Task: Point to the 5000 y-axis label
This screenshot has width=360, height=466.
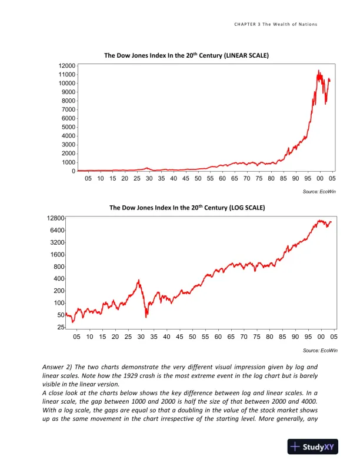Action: pos(68,127)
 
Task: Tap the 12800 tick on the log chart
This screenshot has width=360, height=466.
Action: pos(56,218)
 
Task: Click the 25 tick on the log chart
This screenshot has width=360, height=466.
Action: pos(61,327)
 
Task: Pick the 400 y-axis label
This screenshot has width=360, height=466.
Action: pos(59,279)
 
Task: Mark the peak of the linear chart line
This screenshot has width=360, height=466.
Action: pos(318,71)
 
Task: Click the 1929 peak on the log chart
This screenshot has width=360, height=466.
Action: pos(139,280)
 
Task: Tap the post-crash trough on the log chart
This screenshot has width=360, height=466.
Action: pos(146,317)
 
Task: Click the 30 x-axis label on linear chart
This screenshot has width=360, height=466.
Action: pos(149,178)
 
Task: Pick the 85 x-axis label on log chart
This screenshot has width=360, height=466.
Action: pos(282,337)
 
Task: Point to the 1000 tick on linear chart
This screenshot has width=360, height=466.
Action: pos(68,162)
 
